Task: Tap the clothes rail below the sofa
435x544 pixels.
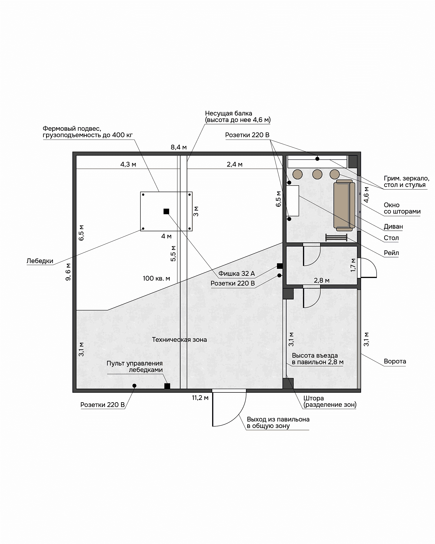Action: click(x=336, y=237)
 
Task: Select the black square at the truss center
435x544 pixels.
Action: click(x=166, y=211)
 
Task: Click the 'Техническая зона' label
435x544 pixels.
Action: click(x=179, y=340)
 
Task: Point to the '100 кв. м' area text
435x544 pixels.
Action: click(x=156, y=278)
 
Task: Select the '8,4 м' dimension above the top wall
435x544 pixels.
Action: click(x=179, y=147)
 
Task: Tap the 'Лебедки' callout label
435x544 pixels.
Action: click(x=40, y=261)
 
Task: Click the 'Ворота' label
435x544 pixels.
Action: click(x=395, y=361)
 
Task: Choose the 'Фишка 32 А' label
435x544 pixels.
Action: click(x=237, y=273)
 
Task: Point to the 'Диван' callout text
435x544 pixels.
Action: click(x=393, y=227)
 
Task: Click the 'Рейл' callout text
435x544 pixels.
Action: click(x=391, y=253)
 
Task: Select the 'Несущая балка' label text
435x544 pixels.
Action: click(x=229, y=113)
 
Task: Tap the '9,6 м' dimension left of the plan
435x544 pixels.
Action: click(x=68, y=272)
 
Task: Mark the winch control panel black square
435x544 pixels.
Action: click(x=167, y=386)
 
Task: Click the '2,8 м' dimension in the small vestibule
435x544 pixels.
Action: click(x=322, y=280)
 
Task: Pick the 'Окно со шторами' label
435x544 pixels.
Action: click(x=402, y=208)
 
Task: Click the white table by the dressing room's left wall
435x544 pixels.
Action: click(x=292, y=201)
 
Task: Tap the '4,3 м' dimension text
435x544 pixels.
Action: click(x=128, y=164)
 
